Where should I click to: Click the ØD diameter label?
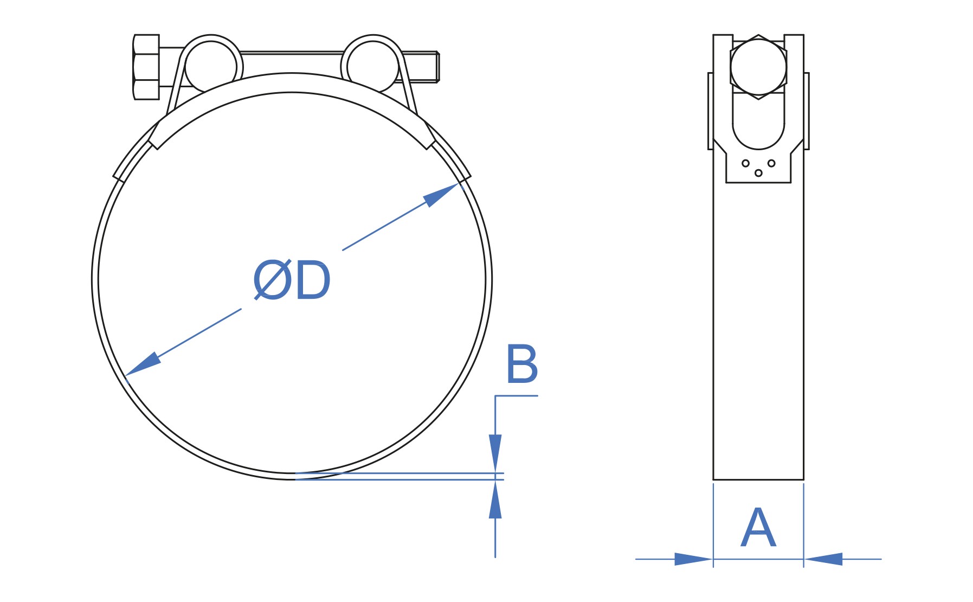(x=292, y=280)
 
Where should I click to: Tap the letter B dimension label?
(x=521, y=364)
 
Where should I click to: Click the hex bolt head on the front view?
(x=146, y=67)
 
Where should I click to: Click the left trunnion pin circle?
(x=211, y=67)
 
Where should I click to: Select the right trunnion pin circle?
(x=373, y=67)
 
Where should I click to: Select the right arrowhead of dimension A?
(x=823, y=559)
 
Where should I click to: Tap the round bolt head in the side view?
(x=758, y=67)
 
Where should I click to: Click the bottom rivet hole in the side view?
(x=758, y=173)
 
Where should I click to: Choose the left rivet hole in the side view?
(x=745, y=163)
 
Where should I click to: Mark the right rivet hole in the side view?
(x=771, y=163)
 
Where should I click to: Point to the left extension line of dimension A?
(x=713, y=525)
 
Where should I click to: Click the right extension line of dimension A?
(x=803, y=525)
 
